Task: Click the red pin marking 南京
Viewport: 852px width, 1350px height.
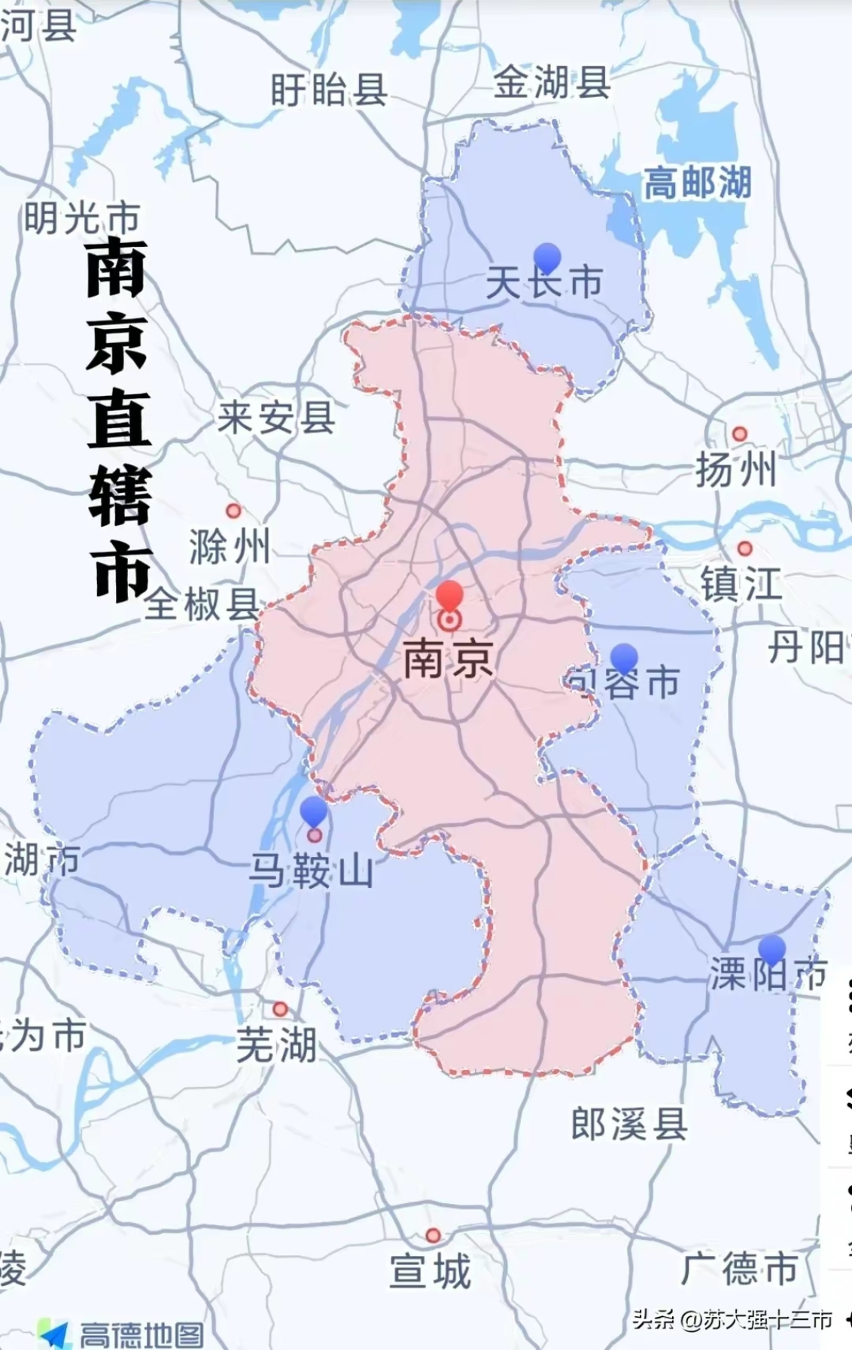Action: pos(449,596)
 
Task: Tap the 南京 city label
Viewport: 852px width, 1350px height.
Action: pos(449,660)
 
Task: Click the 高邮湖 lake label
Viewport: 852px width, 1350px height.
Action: pos(697,183)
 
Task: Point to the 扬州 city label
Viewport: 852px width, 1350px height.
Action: pos(735,472)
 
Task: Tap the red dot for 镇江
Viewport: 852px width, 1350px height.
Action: pos(744,549)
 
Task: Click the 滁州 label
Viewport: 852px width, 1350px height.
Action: pos(230,546)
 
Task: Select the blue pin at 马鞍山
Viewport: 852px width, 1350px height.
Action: pos(314,812)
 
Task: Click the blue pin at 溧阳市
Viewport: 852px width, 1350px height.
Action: pos(771,950)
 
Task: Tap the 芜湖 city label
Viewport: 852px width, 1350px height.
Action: pos(276,1045)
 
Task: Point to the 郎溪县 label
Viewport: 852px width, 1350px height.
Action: pos(629,1125)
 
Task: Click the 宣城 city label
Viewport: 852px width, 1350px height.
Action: pos(431,1271)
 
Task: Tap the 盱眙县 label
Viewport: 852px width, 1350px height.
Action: pos(329,90)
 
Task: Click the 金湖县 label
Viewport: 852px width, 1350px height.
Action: pos(551,82)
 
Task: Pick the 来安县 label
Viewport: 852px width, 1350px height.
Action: pos(276,417)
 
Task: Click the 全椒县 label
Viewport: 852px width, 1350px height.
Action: pos(202,604)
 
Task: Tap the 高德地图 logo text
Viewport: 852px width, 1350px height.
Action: pos(141,1334)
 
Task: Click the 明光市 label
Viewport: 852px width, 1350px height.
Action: pos(82,219)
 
